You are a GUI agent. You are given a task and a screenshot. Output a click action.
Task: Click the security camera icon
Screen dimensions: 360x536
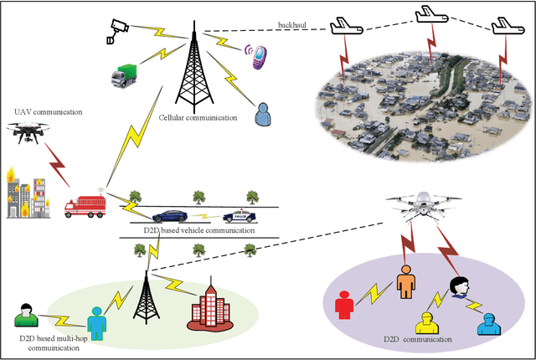pos(115,30)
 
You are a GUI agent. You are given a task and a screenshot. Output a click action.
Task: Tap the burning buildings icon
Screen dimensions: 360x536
pos(25,193)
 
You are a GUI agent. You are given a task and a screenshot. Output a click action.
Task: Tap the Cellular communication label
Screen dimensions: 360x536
pos(198,118)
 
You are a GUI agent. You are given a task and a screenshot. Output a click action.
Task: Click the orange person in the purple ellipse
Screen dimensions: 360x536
pos(405,281)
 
